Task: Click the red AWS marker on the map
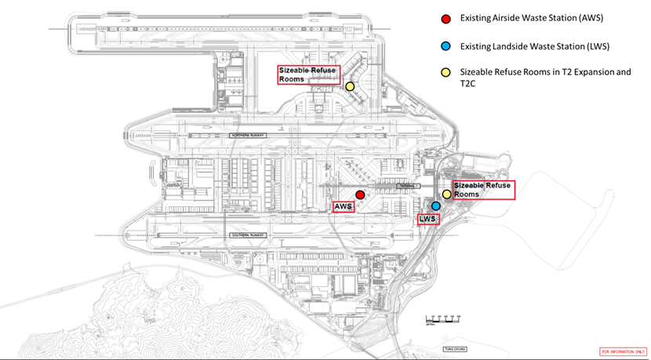[360, 195]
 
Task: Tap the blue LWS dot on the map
[436, 205]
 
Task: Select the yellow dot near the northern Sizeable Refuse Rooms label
[350, 86]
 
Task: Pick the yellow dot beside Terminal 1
[446, 194]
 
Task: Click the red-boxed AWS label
[343, 207]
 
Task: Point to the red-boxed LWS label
[427, 220]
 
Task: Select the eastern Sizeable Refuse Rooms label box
[482, 190]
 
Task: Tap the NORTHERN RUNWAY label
[249, 135]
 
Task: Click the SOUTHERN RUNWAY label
[249, 235]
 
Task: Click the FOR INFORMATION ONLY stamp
[624, 351]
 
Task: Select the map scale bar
[440, 319]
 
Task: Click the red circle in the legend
[446, 18]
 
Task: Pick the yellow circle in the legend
[446, 72]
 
